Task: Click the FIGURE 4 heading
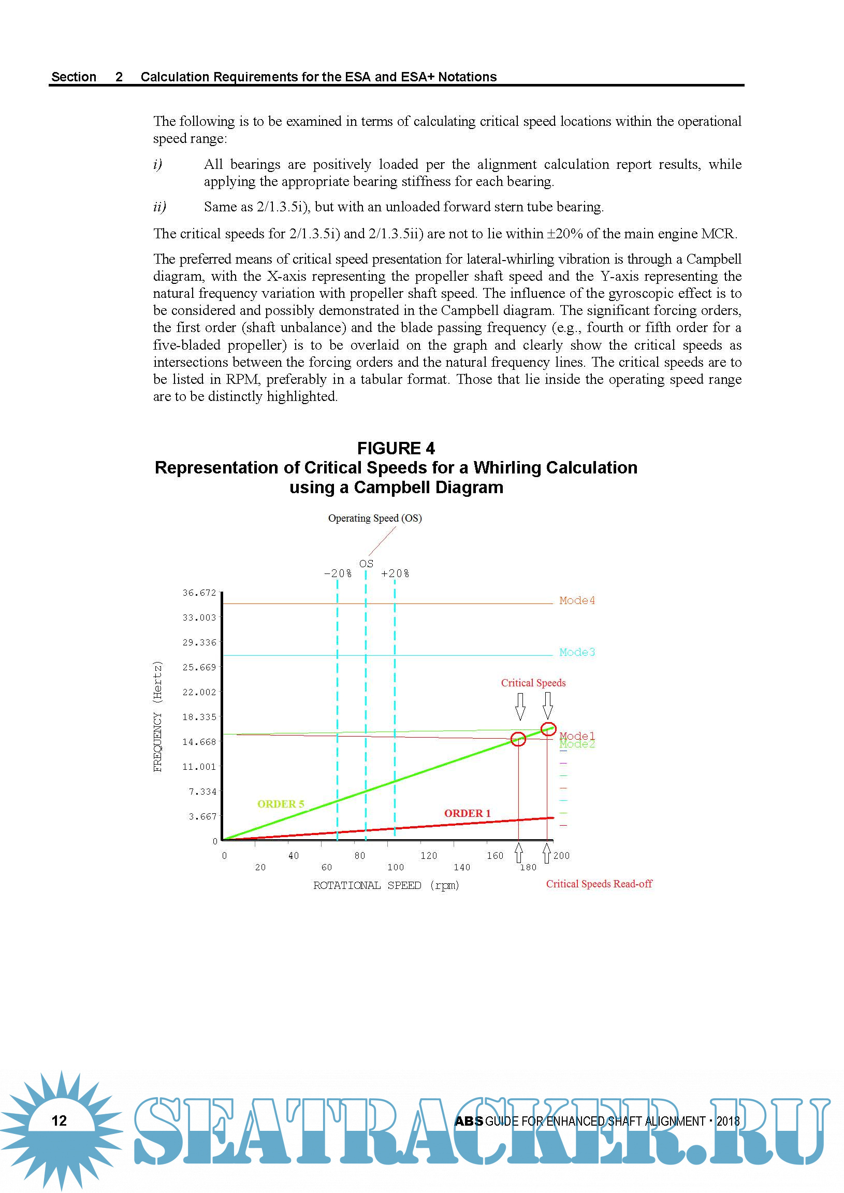pos(396,448)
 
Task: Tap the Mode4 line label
pos(576,600)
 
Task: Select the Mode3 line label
pos(576,652)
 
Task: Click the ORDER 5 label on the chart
pos(281,803)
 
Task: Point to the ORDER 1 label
pos(467,813)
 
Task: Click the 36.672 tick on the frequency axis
pos(199,593)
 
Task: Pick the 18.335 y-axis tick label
pos(199,717)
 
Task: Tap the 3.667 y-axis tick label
pos(202,816)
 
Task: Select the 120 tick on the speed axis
pos(429,855)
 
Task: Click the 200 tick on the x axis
pos(561,855)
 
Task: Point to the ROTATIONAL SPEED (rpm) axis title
pos(386,885)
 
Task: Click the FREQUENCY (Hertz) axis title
pos(158,716)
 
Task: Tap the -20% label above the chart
pos(338,573)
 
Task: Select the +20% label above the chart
pos(395,573)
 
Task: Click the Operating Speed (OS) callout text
pos(375,518)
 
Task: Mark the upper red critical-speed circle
pos(548,729)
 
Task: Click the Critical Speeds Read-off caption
pos(599,884)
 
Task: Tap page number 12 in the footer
pos(59,1120)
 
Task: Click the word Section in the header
pos(74,77)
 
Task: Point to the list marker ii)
pos(159,207)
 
